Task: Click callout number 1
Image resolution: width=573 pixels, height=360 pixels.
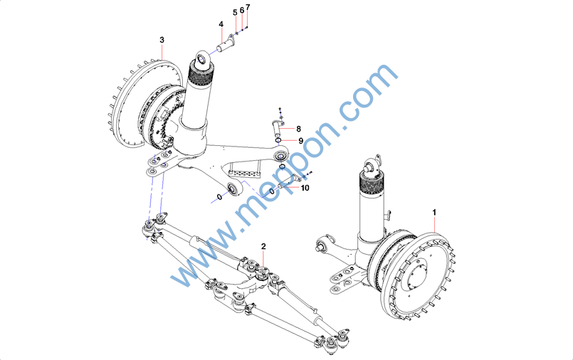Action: click(434, 212)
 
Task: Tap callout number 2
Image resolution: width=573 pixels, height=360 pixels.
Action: click(263, 246)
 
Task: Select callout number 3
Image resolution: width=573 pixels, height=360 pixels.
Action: click(162, 40)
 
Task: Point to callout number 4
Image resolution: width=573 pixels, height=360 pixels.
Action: click(221, 24)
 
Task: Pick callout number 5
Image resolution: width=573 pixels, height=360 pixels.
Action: click(235, 13)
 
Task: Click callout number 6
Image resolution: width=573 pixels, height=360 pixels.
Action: click(241, 10)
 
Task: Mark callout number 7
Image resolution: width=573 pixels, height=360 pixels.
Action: click(248, 7)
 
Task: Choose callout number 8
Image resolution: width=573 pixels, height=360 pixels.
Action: click(298, 129)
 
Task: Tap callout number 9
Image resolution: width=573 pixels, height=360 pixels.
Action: click(301, 141)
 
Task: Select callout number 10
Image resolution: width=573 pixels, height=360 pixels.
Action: click(305, 188)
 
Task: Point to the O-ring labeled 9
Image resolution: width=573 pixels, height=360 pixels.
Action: click(278, 141)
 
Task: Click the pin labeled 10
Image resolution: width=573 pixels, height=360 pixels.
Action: click(285, 184)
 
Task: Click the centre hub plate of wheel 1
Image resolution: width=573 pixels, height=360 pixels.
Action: click(418, 275)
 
